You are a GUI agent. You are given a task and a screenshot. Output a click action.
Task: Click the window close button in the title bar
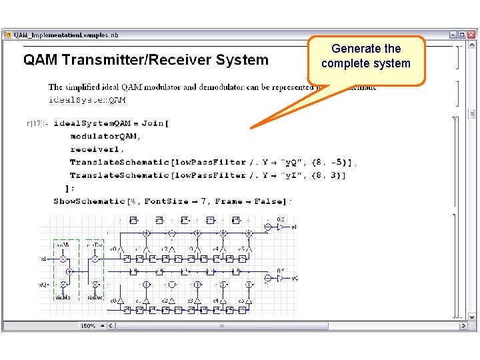471,34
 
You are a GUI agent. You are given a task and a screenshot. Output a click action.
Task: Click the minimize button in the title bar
453,34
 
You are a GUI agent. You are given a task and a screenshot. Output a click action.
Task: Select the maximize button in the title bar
462,34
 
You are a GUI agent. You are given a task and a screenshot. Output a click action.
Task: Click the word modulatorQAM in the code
105,136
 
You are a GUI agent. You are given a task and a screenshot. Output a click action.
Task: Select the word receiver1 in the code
96,149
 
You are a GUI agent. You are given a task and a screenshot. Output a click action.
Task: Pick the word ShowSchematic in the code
89,201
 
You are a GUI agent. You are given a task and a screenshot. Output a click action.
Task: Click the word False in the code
271,201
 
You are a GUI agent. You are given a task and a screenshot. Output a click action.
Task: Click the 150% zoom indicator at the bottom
88,326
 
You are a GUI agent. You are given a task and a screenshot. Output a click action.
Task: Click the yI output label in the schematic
294,227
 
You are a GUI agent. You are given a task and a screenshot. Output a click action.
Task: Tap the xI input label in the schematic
43,258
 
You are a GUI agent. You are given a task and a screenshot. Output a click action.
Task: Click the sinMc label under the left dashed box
63,297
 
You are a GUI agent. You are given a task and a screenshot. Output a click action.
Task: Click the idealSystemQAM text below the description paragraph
87,100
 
